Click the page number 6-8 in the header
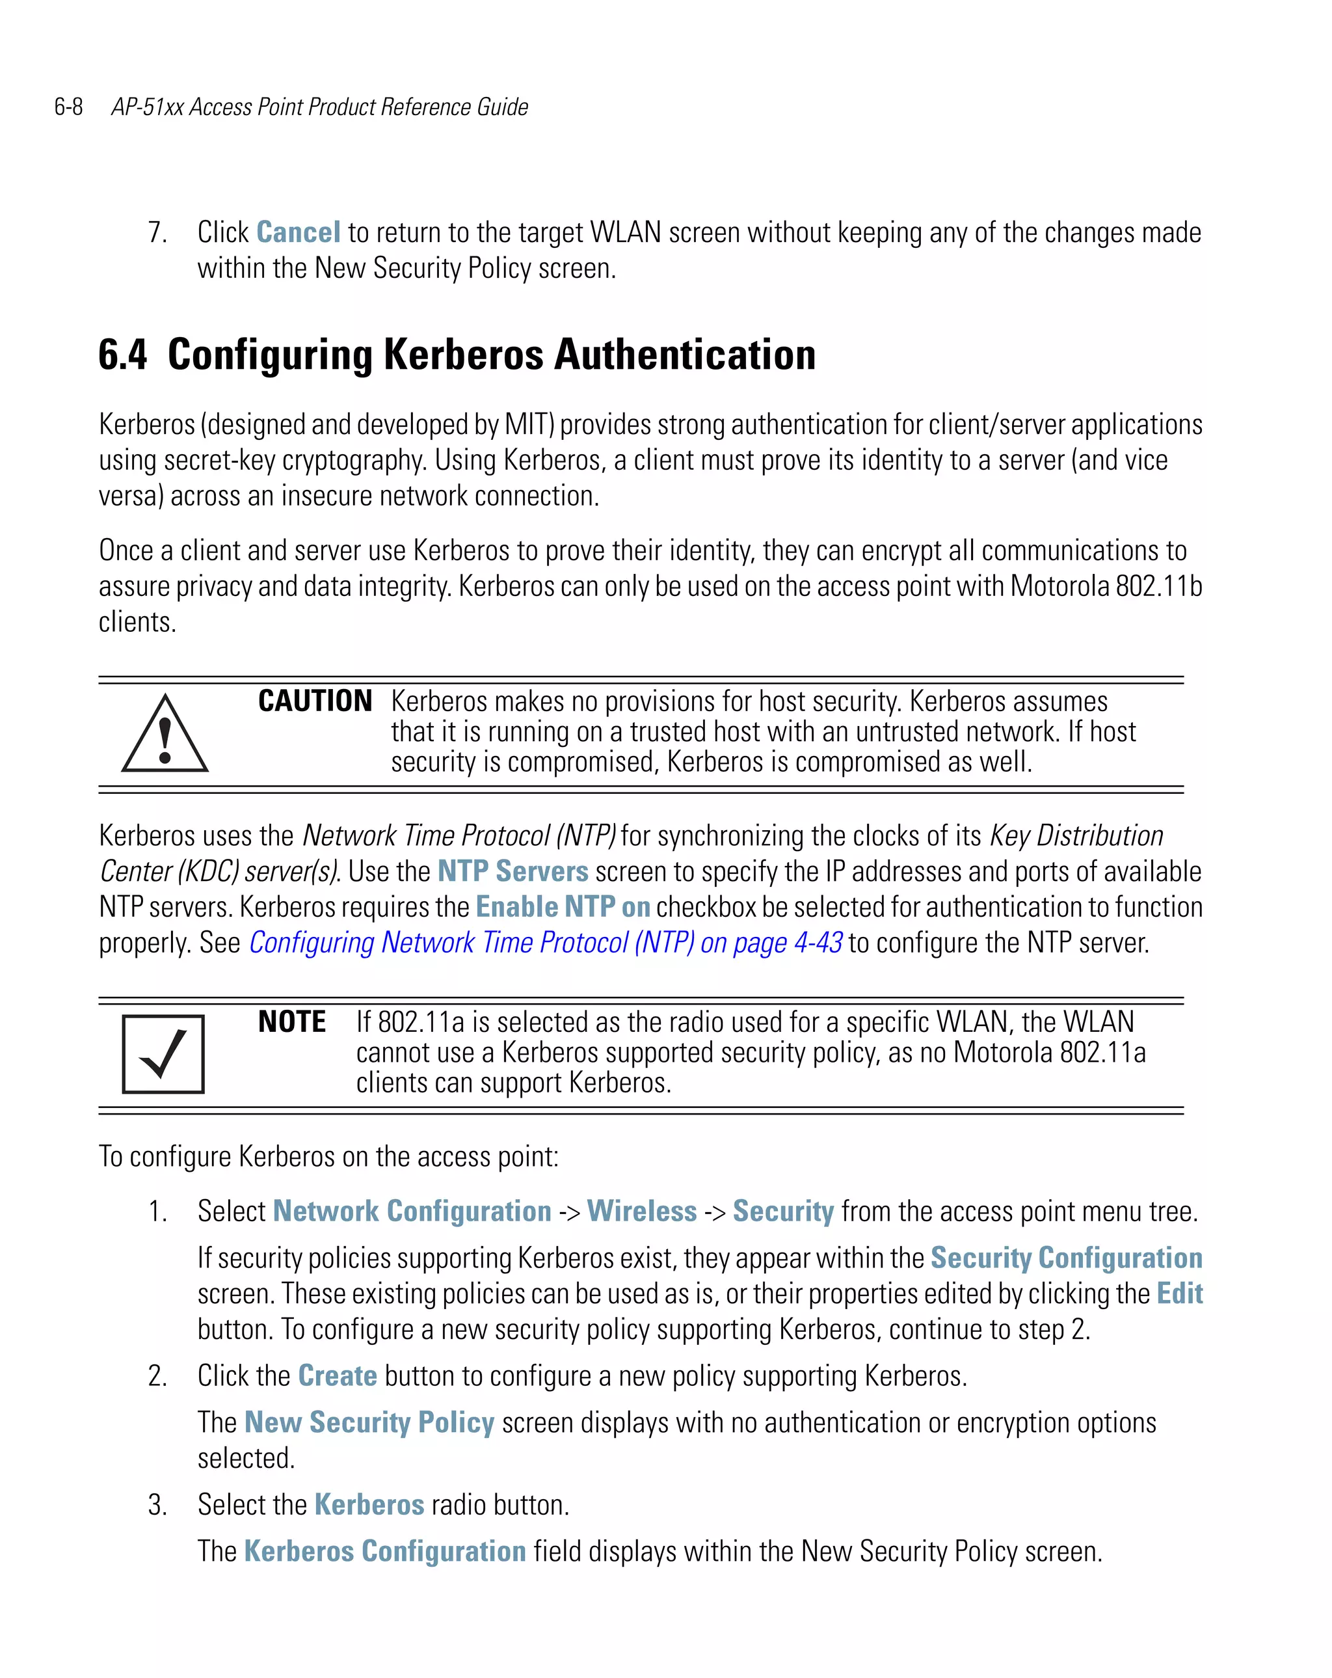click(68, 107)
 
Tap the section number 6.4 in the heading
click(122, 355)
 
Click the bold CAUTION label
click(315, 701)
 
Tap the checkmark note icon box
click(163, 1054)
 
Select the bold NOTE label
click(292, 1022)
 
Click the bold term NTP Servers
click(513, 871)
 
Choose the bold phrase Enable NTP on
click(563, 907)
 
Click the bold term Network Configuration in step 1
click(412, 1211)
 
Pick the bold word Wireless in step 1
click(641, 1211)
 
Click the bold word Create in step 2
click(338, 1376)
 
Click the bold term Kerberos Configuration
click(385, 1551)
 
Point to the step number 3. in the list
click(157, 1505)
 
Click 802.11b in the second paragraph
click(1159, 586)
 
